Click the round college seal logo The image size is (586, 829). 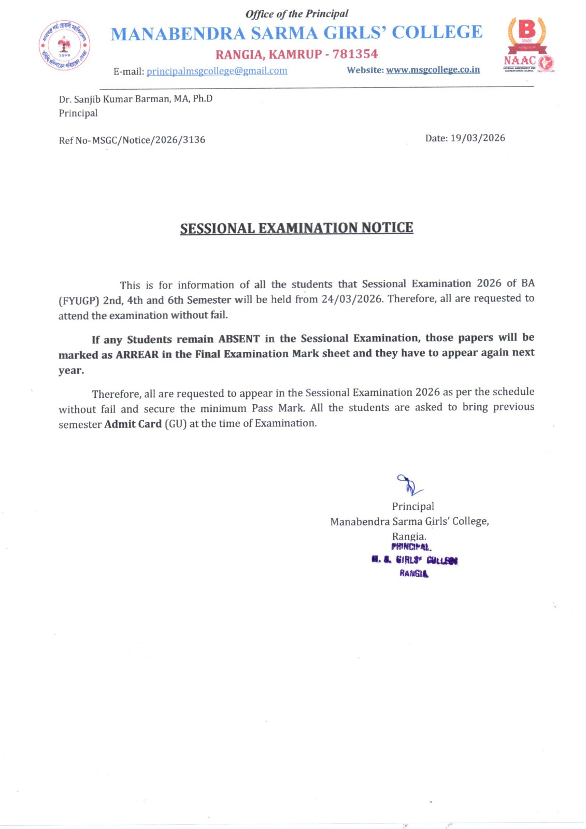coord(65,46)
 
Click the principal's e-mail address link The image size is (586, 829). coord(217,71)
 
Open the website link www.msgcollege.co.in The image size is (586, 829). coord(433,69)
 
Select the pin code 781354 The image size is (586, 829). coord(355,54)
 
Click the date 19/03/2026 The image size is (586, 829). coord(477,138)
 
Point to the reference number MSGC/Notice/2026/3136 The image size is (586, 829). coord(149,140)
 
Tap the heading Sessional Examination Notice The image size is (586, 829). coord(296,228)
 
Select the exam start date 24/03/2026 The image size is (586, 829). coord(351,299)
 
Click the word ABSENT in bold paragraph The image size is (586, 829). coord(239,339)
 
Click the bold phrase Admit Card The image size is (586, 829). coord(133,424)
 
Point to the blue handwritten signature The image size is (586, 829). coord(409,485)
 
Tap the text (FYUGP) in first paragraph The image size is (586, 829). coord(79,301)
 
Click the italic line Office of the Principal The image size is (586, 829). coord(296,14)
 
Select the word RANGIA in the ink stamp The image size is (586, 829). coord(413,574)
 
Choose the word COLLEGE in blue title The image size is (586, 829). coord(437,32)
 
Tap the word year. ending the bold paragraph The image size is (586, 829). coord(71,370)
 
